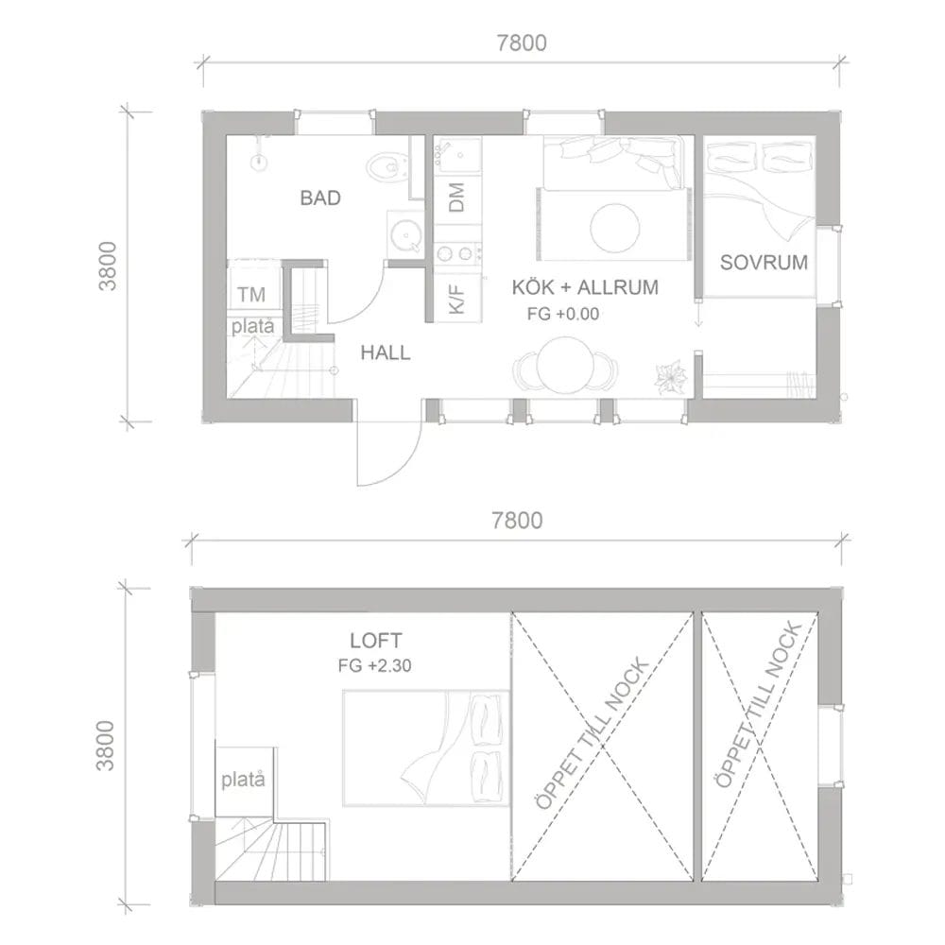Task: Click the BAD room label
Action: tap(320, 198)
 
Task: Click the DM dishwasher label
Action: tap(456, 198)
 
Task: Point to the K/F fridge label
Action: tap(456, 299)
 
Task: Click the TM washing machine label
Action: tap(251, 294)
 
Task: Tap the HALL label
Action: tap(386, 352)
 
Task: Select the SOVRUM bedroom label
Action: tap(764, 262)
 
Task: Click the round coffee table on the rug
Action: tap(615, 227)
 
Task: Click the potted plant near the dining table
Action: tap(671, 377)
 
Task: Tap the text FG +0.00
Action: tap(563, 314)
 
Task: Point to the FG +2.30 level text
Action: tap(375, 666)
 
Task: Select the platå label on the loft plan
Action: tap(243, 780)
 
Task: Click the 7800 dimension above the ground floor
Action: tap(522, 43)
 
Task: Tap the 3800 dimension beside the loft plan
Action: tap(105, 745)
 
